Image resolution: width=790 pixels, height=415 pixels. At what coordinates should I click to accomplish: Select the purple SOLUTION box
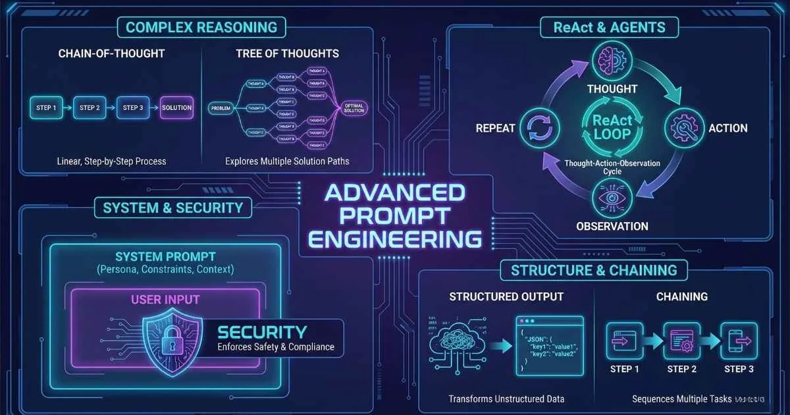coord(177,107)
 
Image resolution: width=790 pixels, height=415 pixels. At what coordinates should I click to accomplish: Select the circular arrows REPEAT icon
coord(540,128)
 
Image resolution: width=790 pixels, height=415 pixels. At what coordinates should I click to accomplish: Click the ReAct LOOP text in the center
coord(612,127)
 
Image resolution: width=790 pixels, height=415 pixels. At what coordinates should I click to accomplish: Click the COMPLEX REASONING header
coord(201,28)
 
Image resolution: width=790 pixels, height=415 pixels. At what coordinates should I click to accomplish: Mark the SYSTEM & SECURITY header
coord(172,208)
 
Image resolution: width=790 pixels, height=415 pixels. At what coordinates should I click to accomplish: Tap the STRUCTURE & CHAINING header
coord(594,270)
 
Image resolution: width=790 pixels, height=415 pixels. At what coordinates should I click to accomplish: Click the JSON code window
coord(549,345)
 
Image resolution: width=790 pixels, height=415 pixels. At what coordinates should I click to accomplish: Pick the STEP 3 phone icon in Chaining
coord(739,341)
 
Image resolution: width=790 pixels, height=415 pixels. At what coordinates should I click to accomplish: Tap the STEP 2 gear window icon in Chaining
coord(681,341)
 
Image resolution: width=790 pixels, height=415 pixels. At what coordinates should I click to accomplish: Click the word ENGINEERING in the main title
coord(395,238)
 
